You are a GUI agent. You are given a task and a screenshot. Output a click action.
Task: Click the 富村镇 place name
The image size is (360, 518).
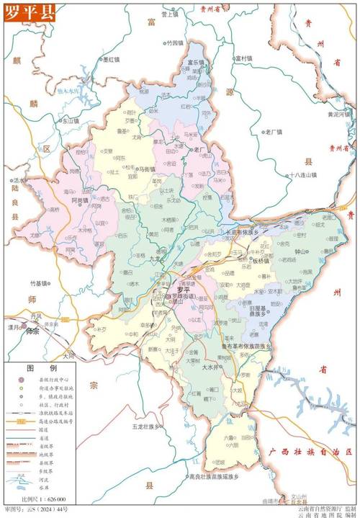pyautogui.click(x=245, y=58)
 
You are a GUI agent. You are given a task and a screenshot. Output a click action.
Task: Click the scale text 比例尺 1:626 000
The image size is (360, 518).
pyautogui.click(x=45, y=499)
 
